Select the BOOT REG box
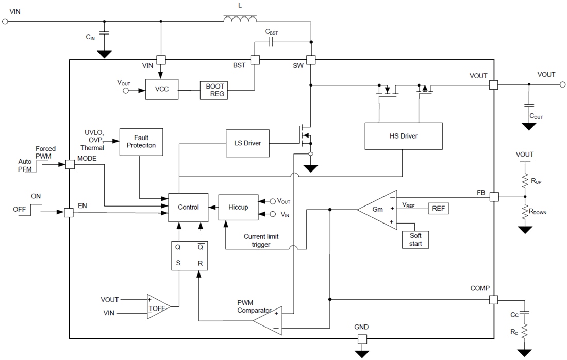click(214, 90)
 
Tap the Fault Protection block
click(141, 142)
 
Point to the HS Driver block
click(403, 136)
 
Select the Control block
click(188, 207)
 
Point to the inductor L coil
click(240, 20)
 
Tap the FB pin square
click(493, 196)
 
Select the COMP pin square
click(493, 299)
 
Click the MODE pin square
click(69, 164)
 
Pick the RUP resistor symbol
click(525, 181)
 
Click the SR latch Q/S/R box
click(188, 254)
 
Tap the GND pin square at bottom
click(362, 339)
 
